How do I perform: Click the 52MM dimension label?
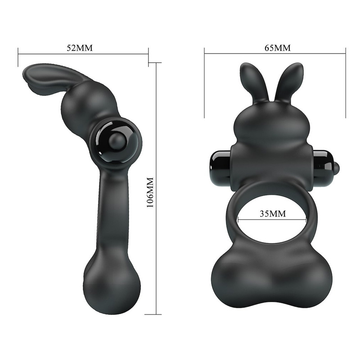point(80,48)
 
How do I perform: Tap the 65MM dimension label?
point(278,48)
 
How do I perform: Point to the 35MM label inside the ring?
point(273,213)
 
